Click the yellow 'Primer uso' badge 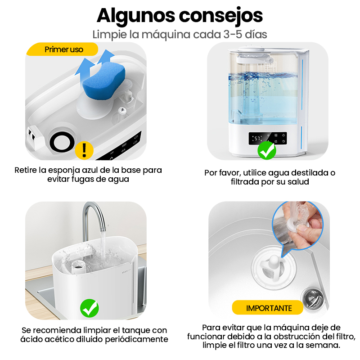62,49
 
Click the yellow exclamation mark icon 84,150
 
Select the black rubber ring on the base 62,143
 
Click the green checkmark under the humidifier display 267,150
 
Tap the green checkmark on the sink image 90,308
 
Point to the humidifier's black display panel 268,139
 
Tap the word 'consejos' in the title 220,16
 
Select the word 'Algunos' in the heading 136,16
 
